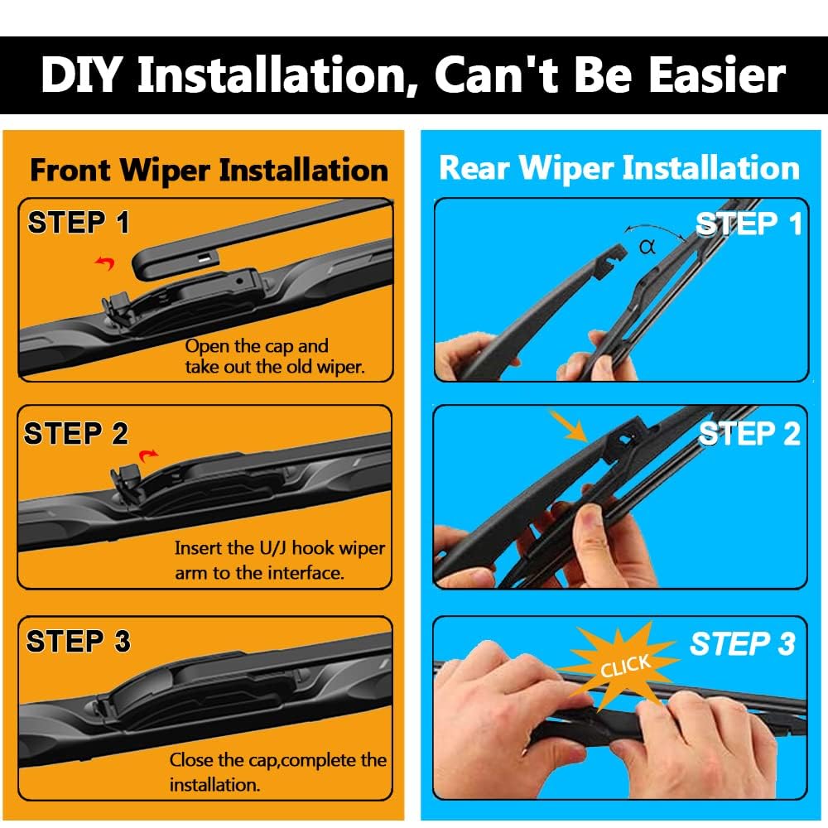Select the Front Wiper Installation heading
209,170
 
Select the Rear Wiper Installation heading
619,168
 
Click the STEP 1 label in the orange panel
79,222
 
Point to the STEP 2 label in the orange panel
76,434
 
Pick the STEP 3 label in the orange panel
78,642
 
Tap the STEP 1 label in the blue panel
749,224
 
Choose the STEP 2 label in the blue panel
749,434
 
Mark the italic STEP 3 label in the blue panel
743,644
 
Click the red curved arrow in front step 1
105,263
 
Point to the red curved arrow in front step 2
148,455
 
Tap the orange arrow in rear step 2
568,426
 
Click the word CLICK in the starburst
625,666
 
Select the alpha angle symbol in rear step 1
647,247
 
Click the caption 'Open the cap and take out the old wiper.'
275,356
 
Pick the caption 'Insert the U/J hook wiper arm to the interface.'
280,561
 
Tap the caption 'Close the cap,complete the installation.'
277,772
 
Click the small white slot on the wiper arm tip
205,258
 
